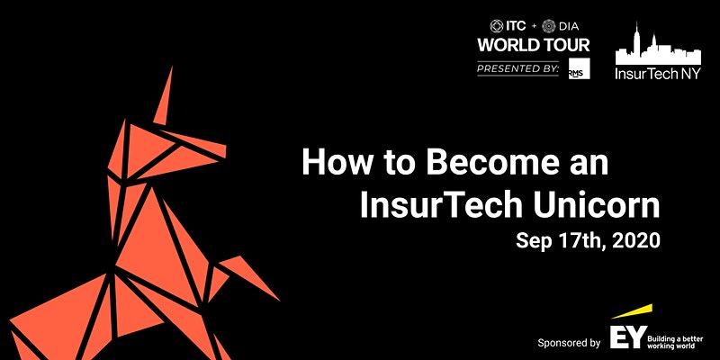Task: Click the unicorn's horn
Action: tap(164, 96)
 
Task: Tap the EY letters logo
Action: tap(628, 337)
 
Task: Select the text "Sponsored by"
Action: tap(570, 343)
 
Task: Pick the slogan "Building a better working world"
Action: tap(675, 342)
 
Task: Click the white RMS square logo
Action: tap(579, 68)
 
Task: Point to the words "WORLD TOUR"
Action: tap(534, 45)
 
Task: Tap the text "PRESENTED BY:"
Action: tap(518, 69)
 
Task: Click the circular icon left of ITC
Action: tap(497, 26)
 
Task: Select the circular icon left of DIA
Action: tap(549, 26)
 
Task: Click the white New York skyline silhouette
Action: tap(658, 50)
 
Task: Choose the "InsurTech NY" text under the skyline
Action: tap(658, 74)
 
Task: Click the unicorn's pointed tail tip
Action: tap(278, 300)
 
